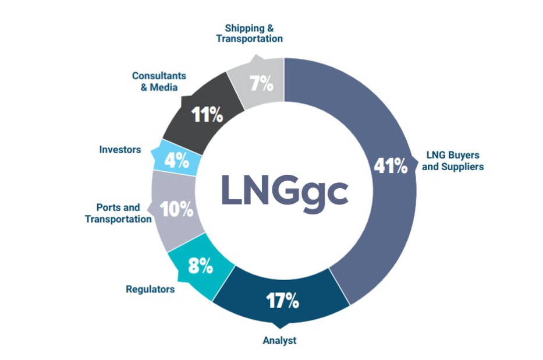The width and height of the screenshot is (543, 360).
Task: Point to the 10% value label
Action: (177, 209)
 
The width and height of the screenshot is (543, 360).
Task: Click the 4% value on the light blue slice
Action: (177, 161)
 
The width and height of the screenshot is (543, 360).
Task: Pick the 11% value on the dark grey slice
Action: (208, 115)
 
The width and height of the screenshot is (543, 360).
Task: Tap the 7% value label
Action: (261, 84)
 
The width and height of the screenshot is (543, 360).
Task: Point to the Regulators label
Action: (150, 288)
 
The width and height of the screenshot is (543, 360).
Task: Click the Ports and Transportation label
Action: (118, 213)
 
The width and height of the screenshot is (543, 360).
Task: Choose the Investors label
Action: (120, 150)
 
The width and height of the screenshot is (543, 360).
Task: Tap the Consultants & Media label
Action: (159, 82)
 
